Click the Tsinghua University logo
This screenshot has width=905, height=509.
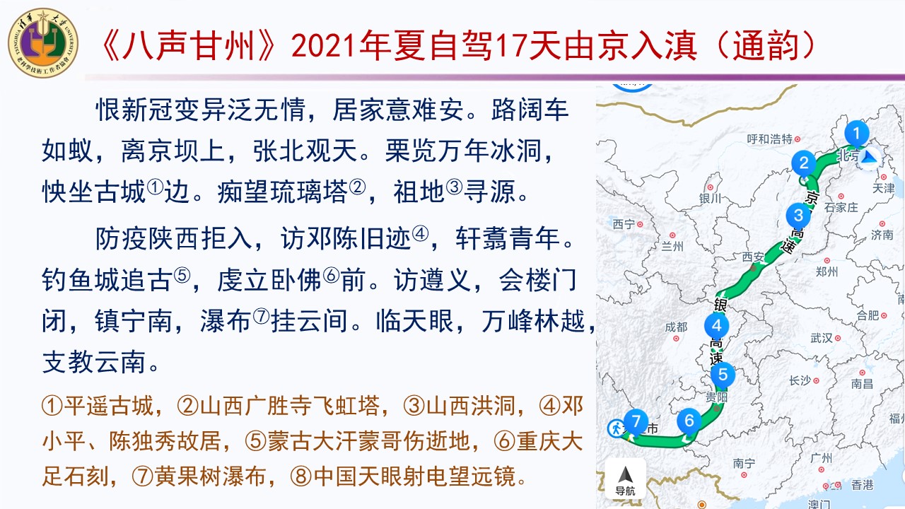tap(43, 43)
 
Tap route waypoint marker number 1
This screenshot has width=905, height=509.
tap(856, 134)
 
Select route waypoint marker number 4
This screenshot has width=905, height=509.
tap(716, 326)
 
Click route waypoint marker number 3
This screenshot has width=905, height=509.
tap(798, 216)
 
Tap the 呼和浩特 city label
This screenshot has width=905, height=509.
tap(770, 139)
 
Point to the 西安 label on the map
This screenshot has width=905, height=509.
tap(754, 257)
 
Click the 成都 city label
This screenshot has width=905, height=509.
tap(677, 327)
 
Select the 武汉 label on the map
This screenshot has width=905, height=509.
tap(822, 338)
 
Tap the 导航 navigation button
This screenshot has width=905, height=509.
tap(625, 479)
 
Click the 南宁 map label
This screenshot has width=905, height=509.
tap(745, 463)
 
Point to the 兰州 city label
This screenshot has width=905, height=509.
tap(672, 246)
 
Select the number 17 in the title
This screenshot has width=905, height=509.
tap(510, 45)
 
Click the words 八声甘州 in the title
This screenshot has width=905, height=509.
tap(189, 45)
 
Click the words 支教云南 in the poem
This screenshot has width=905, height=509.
tap(94, 362)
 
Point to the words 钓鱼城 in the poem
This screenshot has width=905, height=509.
tap(81, 279)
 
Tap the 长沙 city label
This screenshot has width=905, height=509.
tap(800, 380)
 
